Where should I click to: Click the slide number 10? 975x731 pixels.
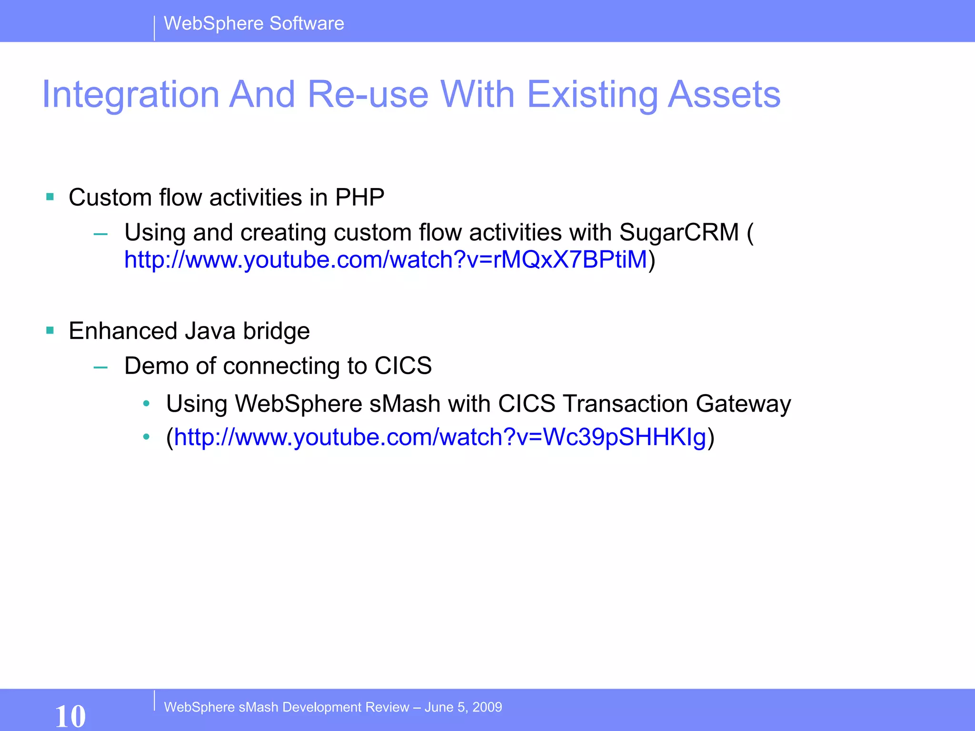70,716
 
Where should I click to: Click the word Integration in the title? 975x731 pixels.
130,94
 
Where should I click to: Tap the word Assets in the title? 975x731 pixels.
724,94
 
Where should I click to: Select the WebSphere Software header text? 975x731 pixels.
254,23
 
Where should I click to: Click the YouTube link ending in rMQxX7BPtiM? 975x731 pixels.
386,260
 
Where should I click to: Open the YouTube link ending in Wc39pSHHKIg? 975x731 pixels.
440,437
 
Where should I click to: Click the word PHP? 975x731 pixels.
359,197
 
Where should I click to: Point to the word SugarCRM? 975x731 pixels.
679,233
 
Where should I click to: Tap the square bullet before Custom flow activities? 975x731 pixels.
50,197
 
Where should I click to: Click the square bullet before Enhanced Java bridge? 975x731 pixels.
50,330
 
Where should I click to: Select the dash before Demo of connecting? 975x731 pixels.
100,367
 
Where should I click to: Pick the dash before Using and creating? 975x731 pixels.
100,234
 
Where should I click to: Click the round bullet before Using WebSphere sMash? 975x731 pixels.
147,404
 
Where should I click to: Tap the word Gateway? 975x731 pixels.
743,404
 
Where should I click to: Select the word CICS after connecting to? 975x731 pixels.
403,366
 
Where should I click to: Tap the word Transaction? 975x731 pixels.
626,404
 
